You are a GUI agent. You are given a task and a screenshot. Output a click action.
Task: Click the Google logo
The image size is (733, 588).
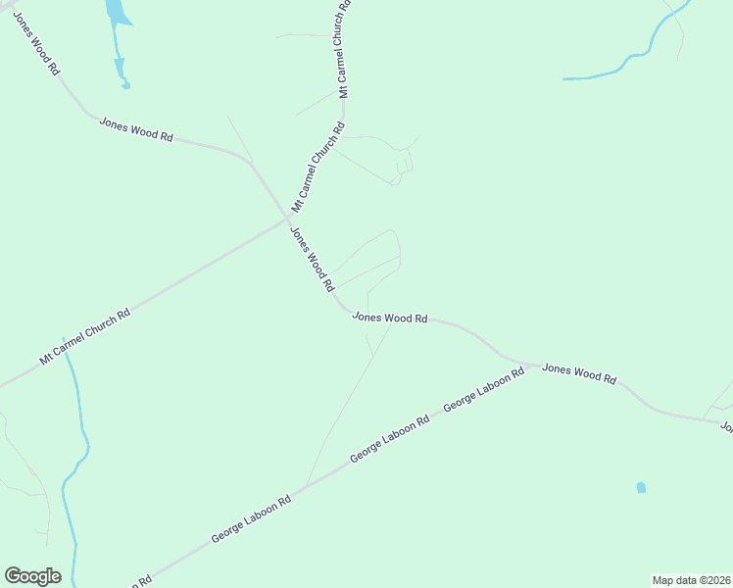[32, 576]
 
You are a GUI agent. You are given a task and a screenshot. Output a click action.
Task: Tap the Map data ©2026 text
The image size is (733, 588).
[691, 579]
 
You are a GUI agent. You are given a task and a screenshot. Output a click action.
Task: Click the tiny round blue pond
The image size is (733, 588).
[641, 487]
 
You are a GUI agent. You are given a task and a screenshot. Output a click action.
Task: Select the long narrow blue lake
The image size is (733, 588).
[117, 39]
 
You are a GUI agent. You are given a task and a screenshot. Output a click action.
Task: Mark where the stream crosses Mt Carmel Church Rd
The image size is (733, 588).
[66, 349]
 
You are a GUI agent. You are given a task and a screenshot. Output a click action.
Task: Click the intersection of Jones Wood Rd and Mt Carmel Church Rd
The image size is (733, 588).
[287, 218]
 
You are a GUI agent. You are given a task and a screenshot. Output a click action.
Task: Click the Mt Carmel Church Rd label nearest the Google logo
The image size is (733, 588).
[84, 339]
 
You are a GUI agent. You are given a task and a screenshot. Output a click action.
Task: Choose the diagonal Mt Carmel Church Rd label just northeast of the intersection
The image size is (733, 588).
[319, 167]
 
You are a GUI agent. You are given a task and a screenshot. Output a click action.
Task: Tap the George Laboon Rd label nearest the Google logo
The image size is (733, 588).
[251, 519]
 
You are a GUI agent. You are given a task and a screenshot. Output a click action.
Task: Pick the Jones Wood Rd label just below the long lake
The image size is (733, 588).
[135, 130]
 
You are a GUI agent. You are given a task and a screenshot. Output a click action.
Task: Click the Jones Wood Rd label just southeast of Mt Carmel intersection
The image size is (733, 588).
[313, 261]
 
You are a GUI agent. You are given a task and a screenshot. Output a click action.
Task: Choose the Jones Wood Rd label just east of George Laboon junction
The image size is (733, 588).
[579, 373]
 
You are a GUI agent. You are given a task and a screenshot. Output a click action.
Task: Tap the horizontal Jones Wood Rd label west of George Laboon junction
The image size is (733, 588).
[390, 318]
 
